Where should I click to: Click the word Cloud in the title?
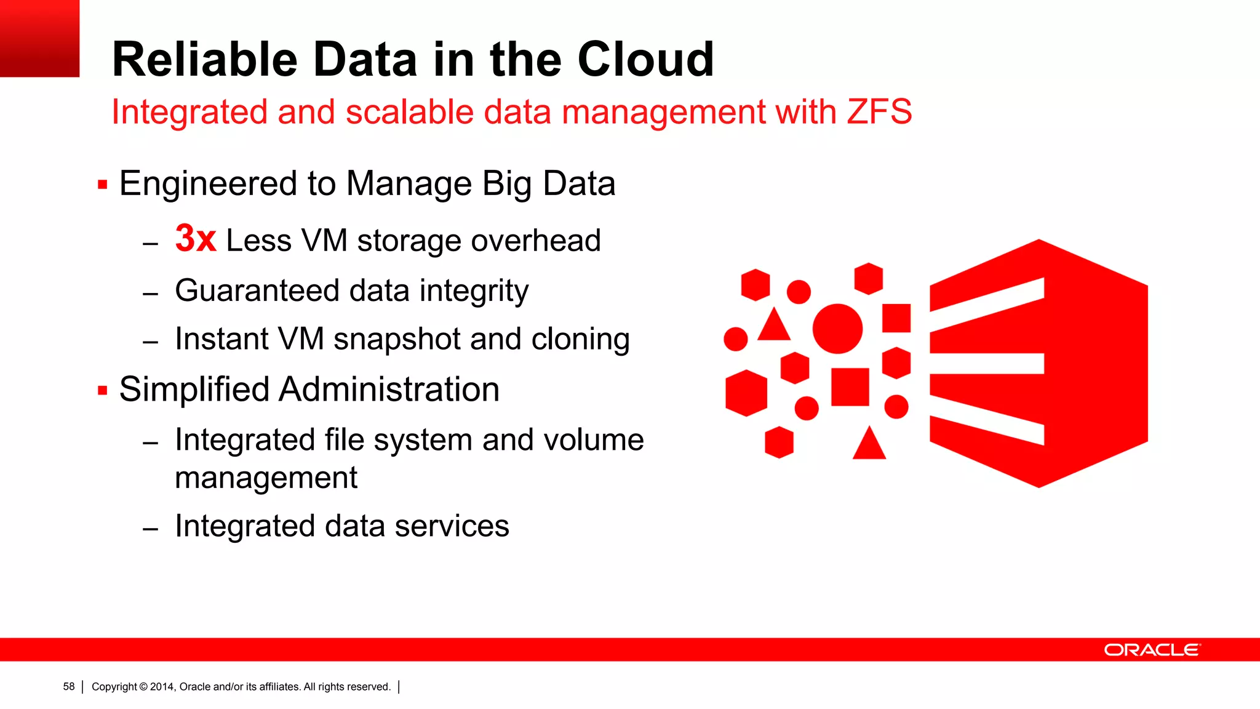point(645,59)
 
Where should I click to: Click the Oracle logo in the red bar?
point(1152,650)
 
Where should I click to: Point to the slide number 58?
point(69,687)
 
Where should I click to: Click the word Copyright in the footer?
point(114,687)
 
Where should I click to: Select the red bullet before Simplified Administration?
point(103,390)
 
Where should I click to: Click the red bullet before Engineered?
point(103,184)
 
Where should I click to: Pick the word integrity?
point(474,291)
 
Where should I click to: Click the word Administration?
point(389,390)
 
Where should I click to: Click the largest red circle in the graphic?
point(837,329)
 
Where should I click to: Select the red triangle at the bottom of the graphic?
point(869,445)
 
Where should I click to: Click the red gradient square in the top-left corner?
point(39,38)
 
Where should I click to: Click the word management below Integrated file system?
point(266,478)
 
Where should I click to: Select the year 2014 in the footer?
point(162,687)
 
